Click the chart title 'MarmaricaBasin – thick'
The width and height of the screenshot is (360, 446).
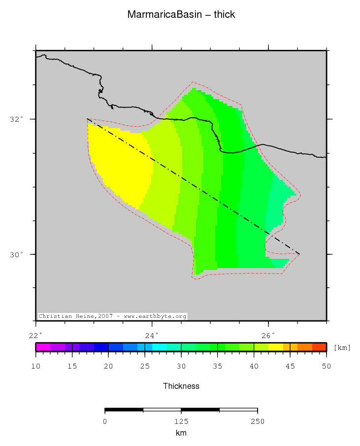[181, 15]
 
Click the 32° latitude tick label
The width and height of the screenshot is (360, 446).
[19, 119]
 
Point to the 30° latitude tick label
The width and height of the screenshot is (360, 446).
[19, 254]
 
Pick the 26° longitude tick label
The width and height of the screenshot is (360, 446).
[268, 336]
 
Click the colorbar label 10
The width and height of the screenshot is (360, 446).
[35, 366]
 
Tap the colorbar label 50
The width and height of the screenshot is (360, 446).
[326, 366]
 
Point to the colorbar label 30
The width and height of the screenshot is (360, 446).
[181, 366]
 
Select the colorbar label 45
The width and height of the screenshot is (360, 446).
[290, 366]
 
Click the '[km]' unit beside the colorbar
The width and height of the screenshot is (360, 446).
[342, 348]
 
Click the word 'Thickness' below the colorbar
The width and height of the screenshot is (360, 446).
[181, 386]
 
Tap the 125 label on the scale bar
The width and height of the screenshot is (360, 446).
[181, 421]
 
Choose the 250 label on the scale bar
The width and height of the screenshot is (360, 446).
[257, 421]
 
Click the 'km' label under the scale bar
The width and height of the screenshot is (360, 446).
[181, 433]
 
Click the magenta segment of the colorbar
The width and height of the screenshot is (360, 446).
[43, 347]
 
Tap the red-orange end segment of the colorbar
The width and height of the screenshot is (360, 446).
[319, 347]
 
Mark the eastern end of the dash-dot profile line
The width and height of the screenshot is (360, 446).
[299, 254]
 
